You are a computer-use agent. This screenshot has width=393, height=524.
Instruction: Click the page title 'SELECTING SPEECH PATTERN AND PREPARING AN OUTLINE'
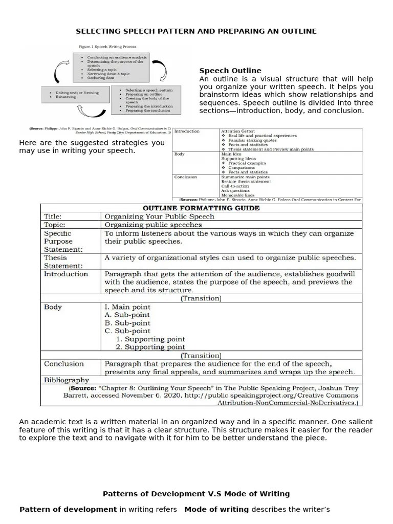[x=196, y=31]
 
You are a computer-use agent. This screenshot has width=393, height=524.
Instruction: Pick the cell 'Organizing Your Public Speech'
[x=159, y=216]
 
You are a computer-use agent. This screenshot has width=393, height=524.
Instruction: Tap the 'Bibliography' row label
[x=66, y=380]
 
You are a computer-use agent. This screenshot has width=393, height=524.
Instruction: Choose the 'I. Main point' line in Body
[x=127, y=307]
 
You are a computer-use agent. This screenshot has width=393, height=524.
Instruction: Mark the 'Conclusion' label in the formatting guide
[x=63, y=364]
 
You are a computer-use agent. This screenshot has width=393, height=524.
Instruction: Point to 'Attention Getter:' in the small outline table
[x=238, y=131]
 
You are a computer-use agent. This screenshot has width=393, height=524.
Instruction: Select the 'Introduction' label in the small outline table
[x=187, y=131]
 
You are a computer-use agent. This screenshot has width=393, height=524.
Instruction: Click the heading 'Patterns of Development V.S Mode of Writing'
[x=196, y=494]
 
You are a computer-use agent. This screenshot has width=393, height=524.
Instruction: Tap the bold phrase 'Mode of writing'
[x=216, y=509]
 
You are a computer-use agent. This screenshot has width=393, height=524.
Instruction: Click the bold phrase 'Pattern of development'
[x=68, y=509]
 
